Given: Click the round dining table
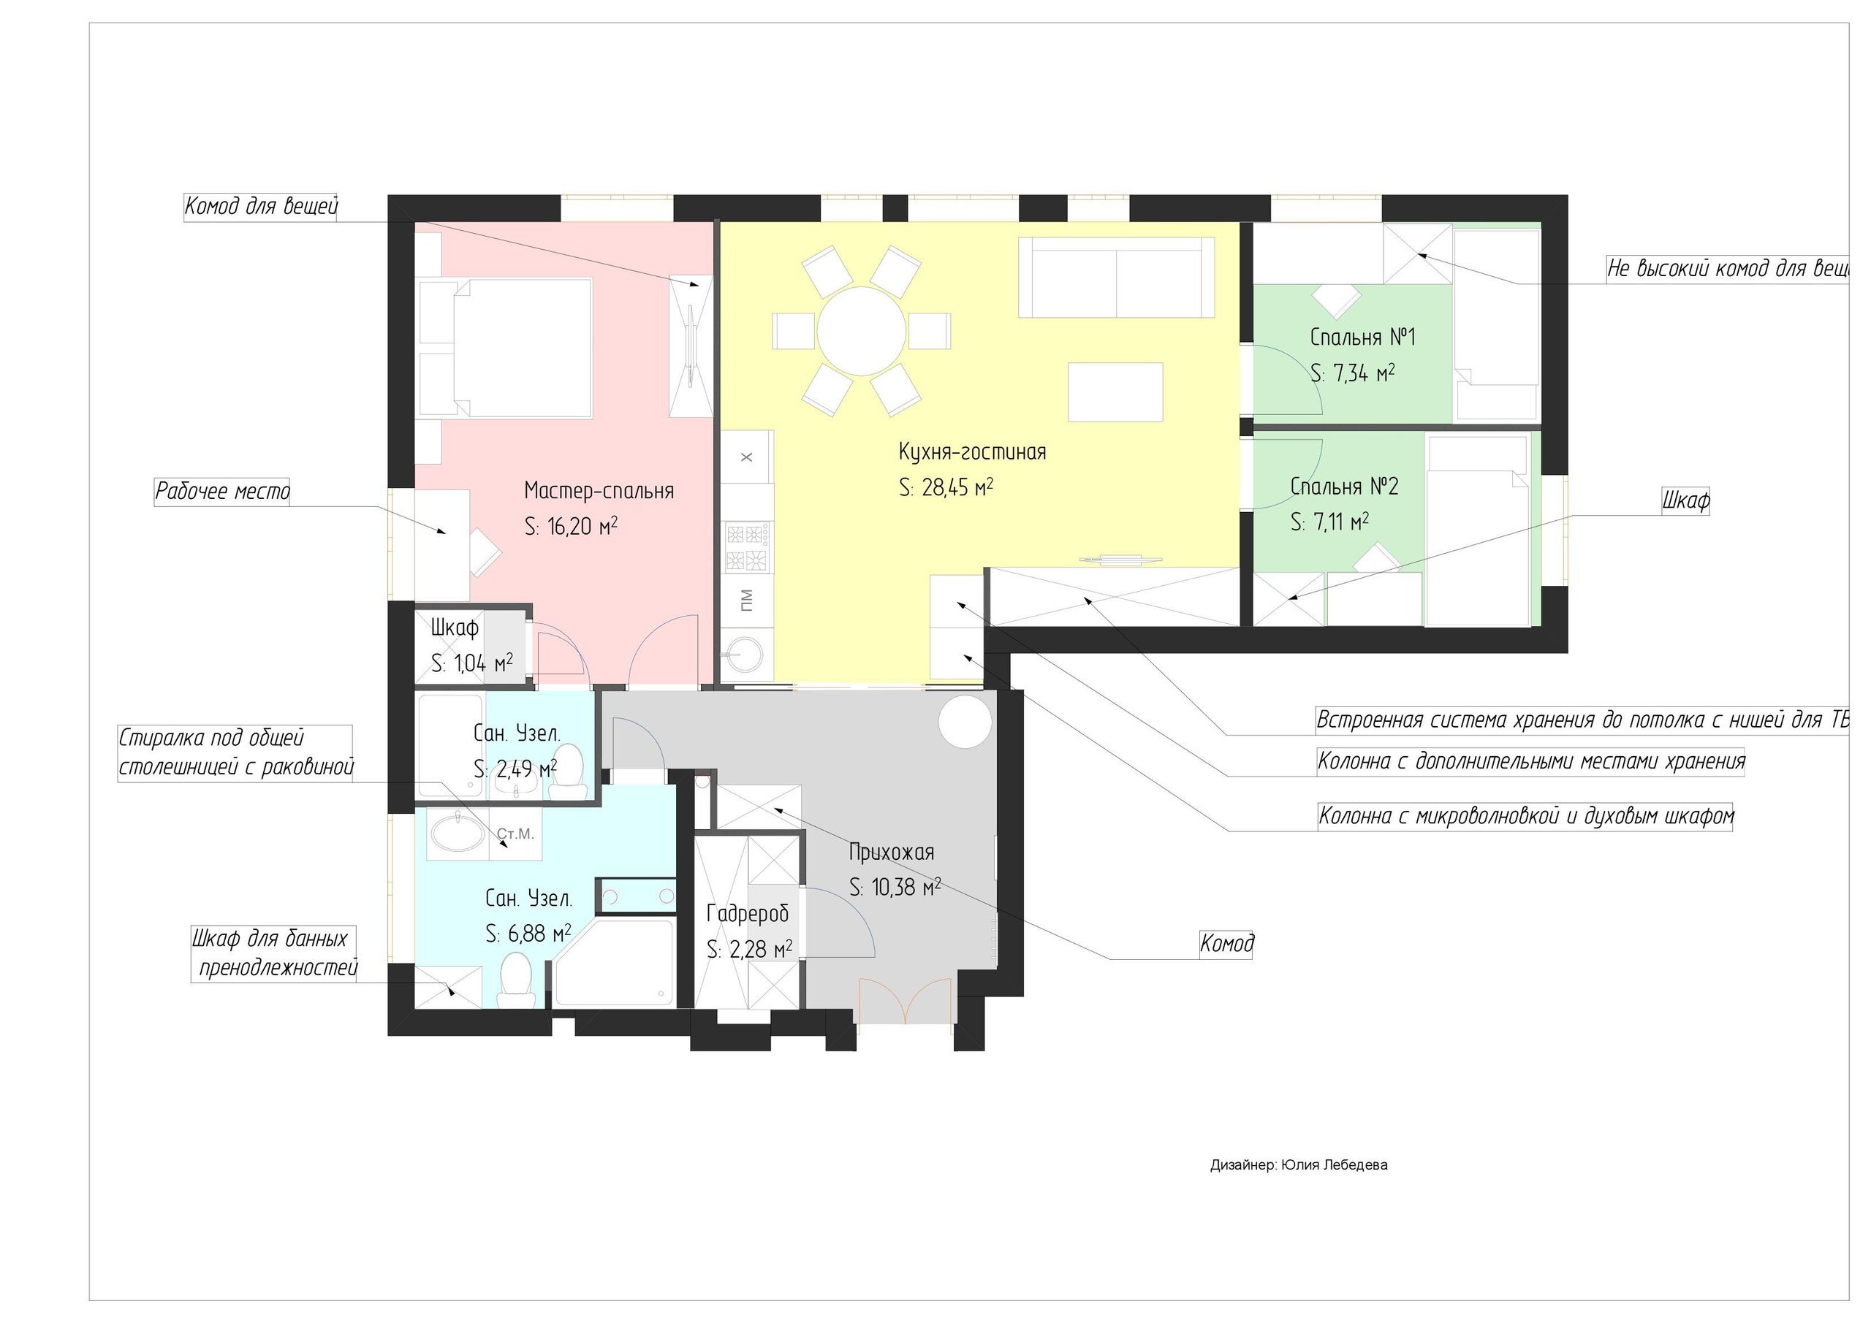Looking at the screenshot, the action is [x=862, y=331].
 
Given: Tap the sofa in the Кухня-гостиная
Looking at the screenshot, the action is [x=1117, y=277].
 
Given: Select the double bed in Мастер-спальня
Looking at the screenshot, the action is [x=505, y=348].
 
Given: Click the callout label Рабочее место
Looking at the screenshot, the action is [x=222, y=491].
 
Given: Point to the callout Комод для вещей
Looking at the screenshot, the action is [x=261, y=206].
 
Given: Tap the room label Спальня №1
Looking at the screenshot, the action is [x=1362, y=337].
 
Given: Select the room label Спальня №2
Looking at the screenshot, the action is [x=1345, y=487].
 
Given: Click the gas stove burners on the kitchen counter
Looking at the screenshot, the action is [x=747, y=546].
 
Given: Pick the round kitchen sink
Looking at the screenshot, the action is [x=745, y=652].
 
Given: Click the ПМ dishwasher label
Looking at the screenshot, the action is [x=746, y=601].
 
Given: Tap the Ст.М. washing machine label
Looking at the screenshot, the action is [x=515, y=834].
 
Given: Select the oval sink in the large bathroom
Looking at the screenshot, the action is [x=452, y=834].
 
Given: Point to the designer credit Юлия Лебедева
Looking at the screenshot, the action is [x=1334, y=1165].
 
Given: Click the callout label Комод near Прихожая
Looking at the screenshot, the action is [x=1226, y=943].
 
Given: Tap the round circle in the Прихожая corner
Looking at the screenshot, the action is [x=965, y=721].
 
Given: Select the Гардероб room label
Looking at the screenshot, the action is [x=747, y=914].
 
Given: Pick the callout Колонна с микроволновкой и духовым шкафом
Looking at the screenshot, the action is [x=1525, y=815].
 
